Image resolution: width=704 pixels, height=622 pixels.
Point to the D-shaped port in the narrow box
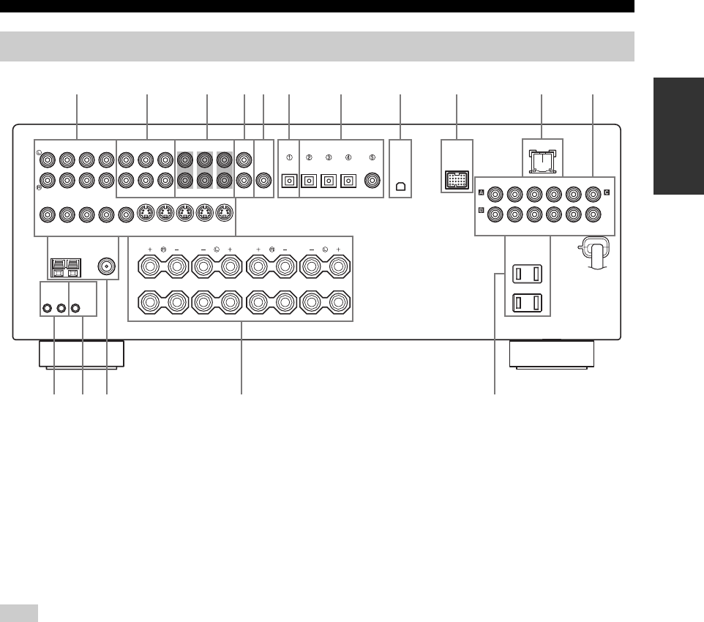400,186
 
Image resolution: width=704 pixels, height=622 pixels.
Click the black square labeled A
482,194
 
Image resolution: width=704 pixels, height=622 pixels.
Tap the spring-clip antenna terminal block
64,267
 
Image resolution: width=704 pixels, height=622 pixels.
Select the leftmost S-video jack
145,215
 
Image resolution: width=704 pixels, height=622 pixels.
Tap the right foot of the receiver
551,354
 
